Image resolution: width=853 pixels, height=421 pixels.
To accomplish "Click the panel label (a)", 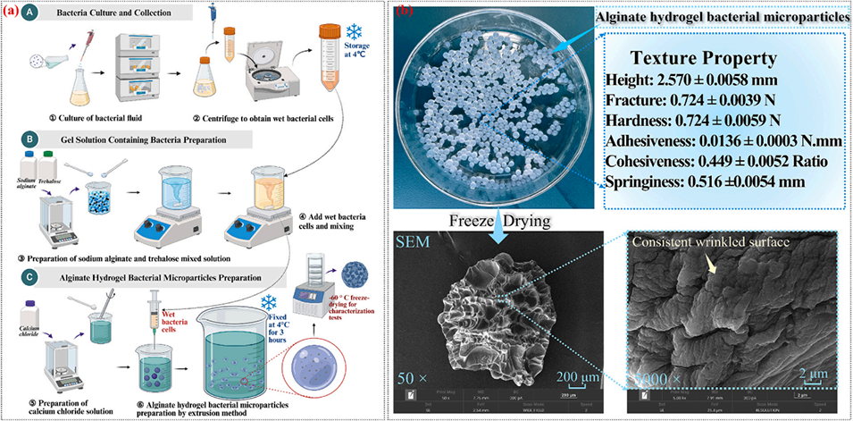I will [x=13, y=11].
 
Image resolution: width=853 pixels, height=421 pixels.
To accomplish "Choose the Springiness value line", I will [x=676, y=181].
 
